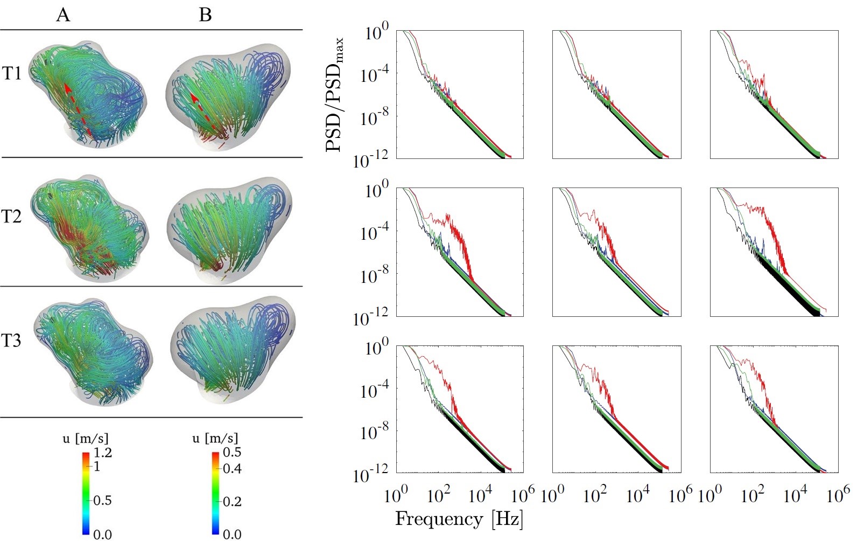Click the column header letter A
pyautogui.click(x=63, y=15)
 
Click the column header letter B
pyautogui.click(x=205, y=15)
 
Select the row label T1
pyautogui.click(x=12, y=73)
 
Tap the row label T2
pyautogui.click(x=12, y=216)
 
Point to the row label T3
pyautogui.click(x=12, y=341)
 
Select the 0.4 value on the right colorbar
pyautogui.click(x=232, y=468)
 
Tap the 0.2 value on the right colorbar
pyautogui.click(x=232, y=502)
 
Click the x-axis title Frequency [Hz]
pyautogui.click(x=459, y=519)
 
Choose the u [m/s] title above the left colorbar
pyautogui.click(x=86, y=438)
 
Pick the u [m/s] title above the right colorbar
pyautogui.click(x=215, y=438)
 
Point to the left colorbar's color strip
pyautogui.click(x=86, y=493)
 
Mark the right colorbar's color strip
pyautogui.click(x=215, y=493)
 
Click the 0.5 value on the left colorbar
pyautogui.click(x=102, y=501)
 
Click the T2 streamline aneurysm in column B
pyautogui.click(x=228, y=228)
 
